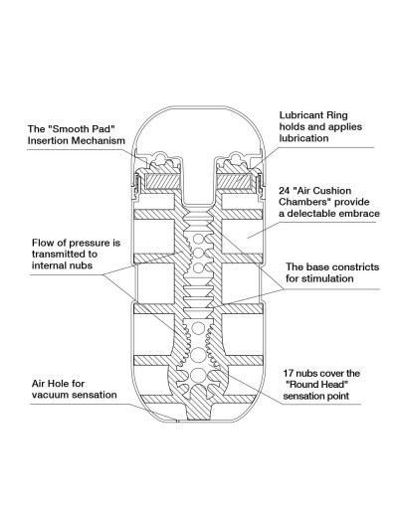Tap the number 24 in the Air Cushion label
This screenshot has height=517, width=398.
[x=285, y=191]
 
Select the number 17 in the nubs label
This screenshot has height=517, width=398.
[x=289, y=374]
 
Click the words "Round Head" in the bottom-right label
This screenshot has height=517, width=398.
[x=317, y=385]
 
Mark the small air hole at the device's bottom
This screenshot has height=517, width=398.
[x=177, y=421]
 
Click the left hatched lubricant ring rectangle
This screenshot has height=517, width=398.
[x=163, y=182]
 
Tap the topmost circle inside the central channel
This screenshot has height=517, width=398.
[x=198, y=239]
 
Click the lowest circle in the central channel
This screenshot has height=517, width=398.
[x=198, y=375]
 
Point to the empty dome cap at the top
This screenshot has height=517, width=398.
[x=198, y=132]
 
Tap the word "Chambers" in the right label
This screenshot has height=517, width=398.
[x=301, y=202]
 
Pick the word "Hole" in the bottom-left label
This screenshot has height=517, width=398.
[x=59, y=384]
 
